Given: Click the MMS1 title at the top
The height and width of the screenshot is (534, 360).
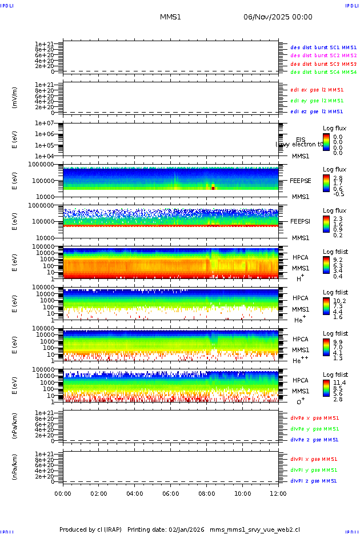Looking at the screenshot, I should pos(170,18).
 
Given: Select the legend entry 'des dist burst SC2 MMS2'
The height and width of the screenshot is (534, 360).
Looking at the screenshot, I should pos(323,55).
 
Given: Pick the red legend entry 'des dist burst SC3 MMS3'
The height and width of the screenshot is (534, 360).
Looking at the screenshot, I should pos(323,64).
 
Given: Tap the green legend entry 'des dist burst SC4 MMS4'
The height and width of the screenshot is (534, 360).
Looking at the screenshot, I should pos(323,73).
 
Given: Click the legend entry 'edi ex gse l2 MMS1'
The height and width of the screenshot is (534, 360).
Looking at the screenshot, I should pos(317,90).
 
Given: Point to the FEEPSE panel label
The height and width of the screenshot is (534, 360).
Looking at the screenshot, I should pos(300,181).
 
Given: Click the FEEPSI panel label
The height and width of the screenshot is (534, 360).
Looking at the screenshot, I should pos(300,221).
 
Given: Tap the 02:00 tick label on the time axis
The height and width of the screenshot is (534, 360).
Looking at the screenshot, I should pos(99,494).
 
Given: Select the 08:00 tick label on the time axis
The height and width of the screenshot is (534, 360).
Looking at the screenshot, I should pos(207,494).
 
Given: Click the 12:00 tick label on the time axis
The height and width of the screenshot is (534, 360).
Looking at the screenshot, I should pos(278,494).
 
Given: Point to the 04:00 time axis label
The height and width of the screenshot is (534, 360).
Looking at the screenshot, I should pos(135,494).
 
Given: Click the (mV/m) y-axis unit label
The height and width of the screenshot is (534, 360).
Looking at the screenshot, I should pos(15,98).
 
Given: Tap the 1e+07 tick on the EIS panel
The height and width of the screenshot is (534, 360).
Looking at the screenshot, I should pos(44,123).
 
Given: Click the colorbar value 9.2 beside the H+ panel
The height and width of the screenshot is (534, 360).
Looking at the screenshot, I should pos(338,259).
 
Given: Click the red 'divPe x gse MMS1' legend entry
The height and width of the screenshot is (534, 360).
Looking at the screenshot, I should pos(314,418).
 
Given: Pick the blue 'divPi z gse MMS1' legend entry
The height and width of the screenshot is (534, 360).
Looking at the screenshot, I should pos(314,481).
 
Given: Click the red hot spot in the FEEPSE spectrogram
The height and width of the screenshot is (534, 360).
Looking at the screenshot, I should pos(213,188).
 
